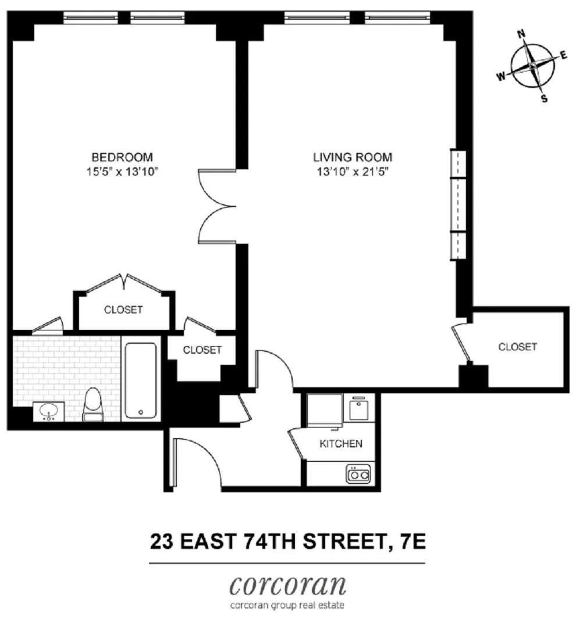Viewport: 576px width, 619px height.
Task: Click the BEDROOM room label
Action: [122, 157]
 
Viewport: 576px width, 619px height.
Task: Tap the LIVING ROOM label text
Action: [353, 157]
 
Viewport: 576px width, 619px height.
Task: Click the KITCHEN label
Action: [341, 444]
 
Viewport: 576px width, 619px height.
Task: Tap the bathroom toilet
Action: [93, 405]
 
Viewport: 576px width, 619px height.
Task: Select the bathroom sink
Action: [49, 412]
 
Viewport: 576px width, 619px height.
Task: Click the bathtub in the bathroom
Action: [141, 380]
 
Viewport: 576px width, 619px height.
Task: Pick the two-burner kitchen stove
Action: [358, 475]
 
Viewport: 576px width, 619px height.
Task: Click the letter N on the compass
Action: [521, 34]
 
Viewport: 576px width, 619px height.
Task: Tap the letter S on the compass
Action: [544, 99]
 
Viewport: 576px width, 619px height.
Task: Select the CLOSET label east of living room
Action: [517, 347]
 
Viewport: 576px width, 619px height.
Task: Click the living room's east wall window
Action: [460, 205]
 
